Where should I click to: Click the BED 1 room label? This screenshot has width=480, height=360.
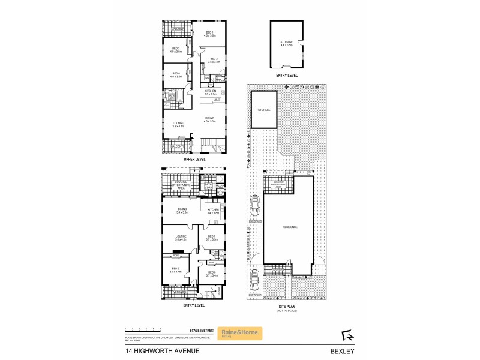(x=210, y=34)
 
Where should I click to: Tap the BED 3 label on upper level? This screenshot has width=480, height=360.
(x=176, y=50)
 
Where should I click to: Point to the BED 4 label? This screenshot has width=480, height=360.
(x=176, y=75)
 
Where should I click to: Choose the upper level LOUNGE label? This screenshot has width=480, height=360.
(x=178, y=124)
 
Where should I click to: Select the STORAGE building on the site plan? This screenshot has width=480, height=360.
(x=264, y=110)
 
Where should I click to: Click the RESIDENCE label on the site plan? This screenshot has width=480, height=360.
(x=290, y=227)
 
